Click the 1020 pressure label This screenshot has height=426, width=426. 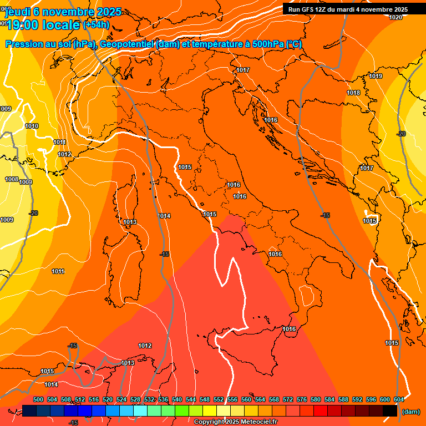pos(395,17)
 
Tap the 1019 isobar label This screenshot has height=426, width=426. pos(376,76)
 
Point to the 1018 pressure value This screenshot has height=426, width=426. pos(353,93)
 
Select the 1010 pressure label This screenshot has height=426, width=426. pos(32,126)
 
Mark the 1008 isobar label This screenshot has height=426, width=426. pos(11,179)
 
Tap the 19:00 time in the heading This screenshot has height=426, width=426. pos(23,25)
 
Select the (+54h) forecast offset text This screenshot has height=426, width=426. pos(96,25)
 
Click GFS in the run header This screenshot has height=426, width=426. pos(307,9)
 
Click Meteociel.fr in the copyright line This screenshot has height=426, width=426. pos(255,422)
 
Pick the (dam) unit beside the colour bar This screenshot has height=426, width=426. pos(410,411)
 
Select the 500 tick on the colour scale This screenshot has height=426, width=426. pos(38,399)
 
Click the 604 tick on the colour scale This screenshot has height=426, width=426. pos(398,399)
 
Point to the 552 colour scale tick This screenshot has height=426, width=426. pos(219,399)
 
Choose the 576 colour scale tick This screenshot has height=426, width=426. pos(302,399)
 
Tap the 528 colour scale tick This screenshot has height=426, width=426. pos(135,399)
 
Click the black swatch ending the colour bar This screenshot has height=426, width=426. pos(390,410)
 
